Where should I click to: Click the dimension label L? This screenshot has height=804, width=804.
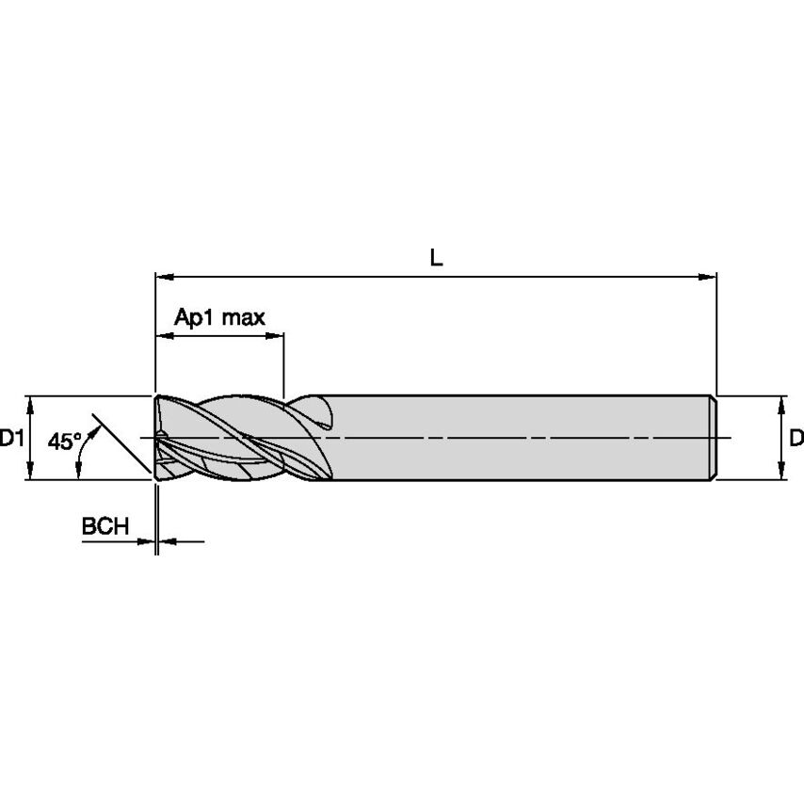pyautogui.click(x=436, y=258)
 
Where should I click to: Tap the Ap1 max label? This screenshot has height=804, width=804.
pyautogui.click(x=219, y=317)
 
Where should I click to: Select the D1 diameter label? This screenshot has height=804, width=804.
pyautogui.click(x=11, y=438)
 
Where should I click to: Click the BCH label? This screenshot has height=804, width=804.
pyautogui.click(x=105, y=527)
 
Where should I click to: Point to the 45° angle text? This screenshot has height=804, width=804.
pyautogui.click(x=65, y=441)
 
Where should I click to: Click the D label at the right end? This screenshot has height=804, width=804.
pyautogui.click(x=796, y=438)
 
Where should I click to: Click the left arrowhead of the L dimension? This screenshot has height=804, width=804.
pyautogui.click(x=163, y=278)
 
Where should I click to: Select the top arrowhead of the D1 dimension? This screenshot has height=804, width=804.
pyautogui.click(x=31, y=403)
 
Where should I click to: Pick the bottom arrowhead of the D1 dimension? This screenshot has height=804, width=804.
pyautogui.click(x=31, y=473)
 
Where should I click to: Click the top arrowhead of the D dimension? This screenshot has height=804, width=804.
pyautogui.click(x=780, y=403)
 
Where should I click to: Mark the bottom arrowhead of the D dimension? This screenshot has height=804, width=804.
pyautogui.click(x=780, y=473)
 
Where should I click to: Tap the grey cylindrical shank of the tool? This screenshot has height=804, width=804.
pyautogui.click(x=518, y=438)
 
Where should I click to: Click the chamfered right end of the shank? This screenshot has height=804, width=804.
pyautogui.click(x=714, y=438)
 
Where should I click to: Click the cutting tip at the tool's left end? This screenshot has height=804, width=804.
pyautogui.click(x=159, y=438)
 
